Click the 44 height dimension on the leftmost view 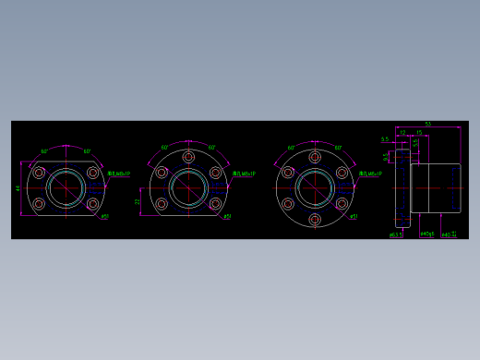18,188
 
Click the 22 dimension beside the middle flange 138,201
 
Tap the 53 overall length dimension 427,124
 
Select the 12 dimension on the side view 402,133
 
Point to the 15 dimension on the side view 419,133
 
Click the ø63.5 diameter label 396,234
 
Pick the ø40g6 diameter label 426,234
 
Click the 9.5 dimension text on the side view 387,157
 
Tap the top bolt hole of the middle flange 188,157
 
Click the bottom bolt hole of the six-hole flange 315,220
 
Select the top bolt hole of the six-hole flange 315,157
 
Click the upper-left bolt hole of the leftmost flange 39,173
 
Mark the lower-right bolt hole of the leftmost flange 92,204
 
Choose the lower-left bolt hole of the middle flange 162,204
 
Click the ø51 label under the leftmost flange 104,218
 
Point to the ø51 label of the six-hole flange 353,218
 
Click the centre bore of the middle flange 188,188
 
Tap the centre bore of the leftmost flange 66,188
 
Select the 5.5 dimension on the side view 385,140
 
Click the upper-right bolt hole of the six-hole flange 342,173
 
